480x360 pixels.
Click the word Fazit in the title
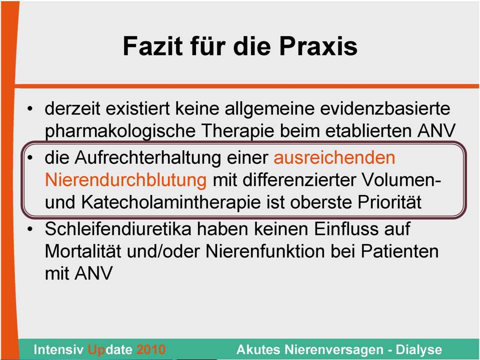153,46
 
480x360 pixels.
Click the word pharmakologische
120,131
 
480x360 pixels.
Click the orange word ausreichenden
334,157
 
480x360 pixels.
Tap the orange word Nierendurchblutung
126,180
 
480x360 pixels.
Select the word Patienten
399,251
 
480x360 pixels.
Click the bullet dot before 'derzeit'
29,108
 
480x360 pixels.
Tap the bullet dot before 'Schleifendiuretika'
29,229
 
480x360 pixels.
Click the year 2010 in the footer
151,349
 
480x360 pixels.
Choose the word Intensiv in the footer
58,349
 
